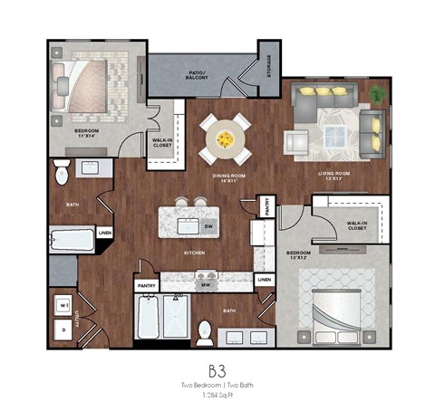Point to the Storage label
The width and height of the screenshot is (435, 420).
(268, 68)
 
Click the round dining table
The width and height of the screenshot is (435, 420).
(223, 138)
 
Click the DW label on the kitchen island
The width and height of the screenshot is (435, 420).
(208, 226)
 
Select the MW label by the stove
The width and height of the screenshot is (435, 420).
(207, 286)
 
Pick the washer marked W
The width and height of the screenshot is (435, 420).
(63, 305)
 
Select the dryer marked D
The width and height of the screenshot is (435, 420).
(63, 330)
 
